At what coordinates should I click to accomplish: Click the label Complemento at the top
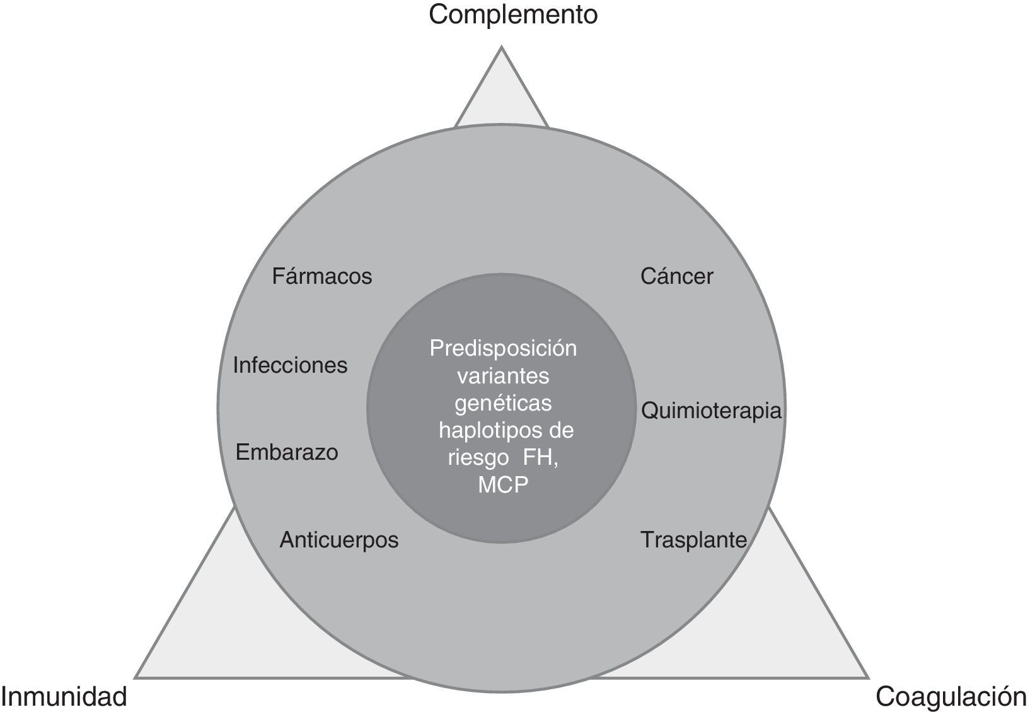click(x=512, y=15)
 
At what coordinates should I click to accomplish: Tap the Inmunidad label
click(x=64, y=696)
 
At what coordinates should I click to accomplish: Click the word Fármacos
click(x=322, y=276)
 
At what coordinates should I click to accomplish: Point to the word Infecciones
click(x=290, y=365)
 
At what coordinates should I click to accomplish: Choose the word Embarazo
click(x=287, y=452)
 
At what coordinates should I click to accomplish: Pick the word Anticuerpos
click(x=339, y=540)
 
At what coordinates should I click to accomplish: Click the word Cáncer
click(x=676, y=276)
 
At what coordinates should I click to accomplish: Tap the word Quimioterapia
click(x=711, y=411)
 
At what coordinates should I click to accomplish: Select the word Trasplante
click(x=693, y=540)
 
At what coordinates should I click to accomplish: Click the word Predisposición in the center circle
click(x=503, y=348)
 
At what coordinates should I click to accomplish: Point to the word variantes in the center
click(x=503, y=376)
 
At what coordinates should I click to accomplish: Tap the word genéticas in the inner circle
click(x=503, y=403)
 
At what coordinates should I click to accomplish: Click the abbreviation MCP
click(x=503, y=486)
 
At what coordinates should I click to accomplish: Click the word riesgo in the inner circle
click(x=478, y=458)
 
